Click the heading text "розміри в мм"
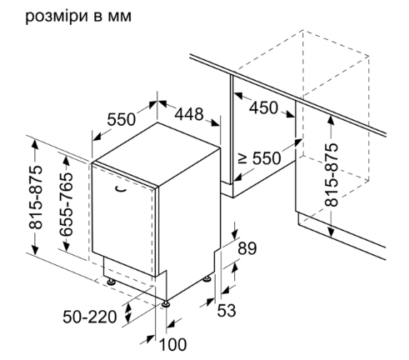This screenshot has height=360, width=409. pos(78,17)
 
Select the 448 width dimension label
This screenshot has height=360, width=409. pos(189,114)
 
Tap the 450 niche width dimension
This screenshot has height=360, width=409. pos(263,107)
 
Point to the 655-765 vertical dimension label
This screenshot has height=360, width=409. pos(67,204)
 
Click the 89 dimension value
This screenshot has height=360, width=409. pos(247,248)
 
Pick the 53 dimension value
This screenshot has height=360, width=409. pos(227,310)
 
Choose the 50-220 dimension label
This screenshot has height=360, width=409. pos(90,317)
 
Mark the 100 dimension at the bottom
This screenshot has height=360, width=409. pos(172,344)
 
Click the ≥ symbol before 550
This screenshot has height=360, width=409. pos(243,158)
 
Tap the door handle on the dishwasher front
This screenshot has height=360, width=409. pos(120,189)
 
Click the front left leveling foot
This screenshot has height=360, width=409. pos(112,282)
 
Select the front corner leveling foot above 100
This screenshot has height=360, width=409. pos(166,303)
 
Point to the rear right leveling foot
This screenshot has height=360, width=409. pos(207,278)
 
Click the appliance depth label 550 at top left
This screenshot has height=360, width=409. pos(122,119)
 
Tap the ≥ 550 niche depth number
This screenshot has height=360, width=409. pos(267,158)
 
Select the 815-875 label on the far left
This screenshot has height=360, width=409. pos(36,197)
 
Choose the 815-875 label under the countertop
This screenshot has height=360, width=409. pos(332,175)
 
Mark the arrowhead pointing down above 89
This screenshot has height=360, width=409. pos(235,233)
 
